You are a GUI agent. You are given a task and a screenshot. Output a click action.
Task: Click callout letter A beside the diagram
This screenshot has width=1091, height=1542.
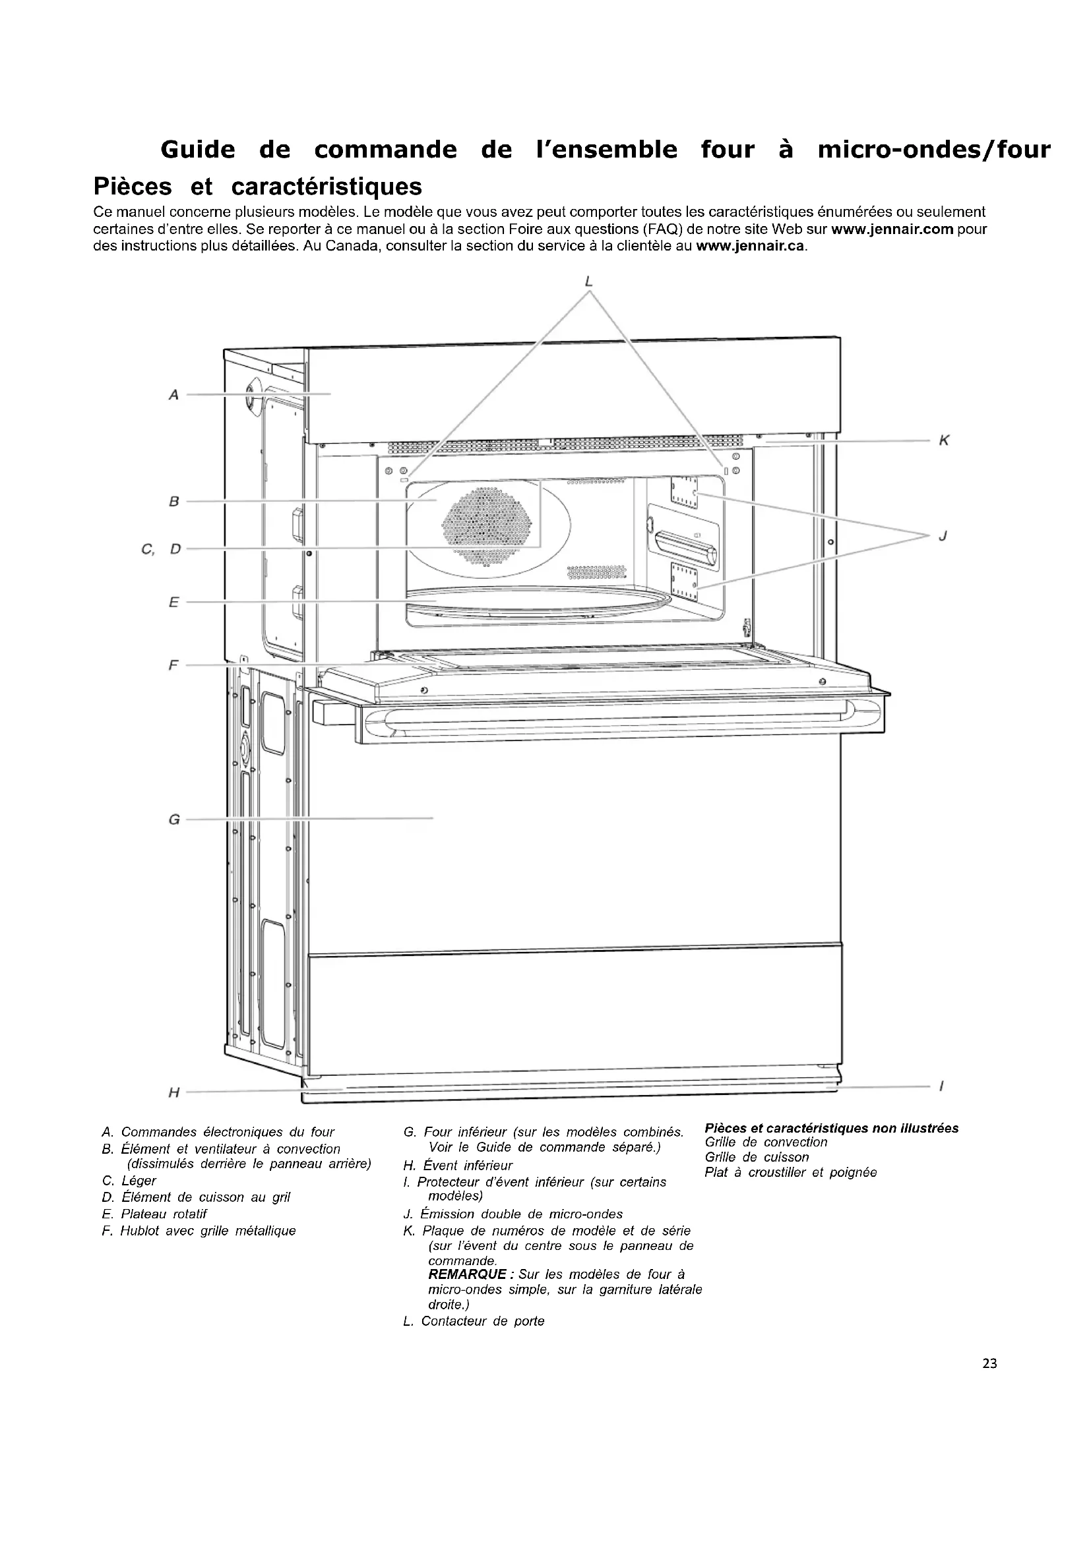tap(173, 395)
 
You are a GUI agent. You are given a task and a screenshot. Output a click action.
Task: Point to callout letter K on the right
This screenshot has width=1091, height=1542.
tap(944, 440)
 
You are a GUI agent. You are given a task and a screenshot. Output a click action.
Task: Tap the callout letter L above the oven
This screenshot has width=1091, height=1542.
tap(589, 282)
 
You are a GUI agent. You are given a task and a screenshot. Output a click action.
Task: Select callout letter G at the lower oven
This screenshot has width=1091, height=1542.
tap(174, 819)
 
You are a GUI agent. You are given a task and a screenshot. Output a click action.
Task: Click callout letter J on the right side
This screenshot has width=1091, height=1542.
tap(943, 535)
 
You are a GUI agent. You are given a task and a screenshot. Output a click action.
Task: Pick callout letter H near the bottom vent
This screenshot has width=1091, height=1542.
tap(174, 1092)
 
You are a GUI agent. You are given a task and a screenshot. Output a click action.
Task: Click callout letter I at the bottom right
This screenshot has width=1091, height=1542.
tap(941, 1086)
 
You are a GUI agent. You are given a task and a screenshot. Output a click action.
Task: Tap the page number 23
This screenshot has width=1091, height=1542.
tap(989, 1363)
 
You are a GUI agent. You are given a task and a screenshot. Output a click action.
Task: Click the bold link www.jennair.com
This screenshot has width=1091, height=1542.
tap(892, 229)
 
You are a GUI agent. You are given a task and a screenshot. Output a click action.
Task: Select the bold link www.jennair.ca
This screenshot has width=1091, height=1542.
tap(750, 246)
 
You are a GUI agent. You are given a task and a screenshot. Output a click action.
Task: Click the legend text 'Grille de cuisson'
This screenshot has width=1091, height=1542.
tap(757, 1157)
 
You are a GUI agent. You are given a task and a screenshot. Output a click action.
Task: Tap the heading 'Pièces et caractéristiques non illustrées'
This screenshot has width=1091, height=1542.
tap(831, 1128)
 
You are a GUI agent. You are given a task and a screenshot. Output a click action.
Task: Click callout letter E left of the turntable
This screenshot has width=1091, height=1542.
tap(174, 603)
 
